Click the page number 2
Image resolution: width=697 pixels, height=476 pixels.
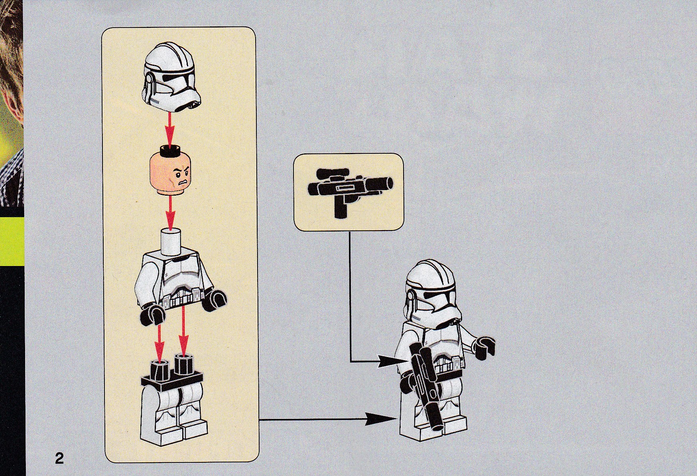[x=59, y=458]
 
